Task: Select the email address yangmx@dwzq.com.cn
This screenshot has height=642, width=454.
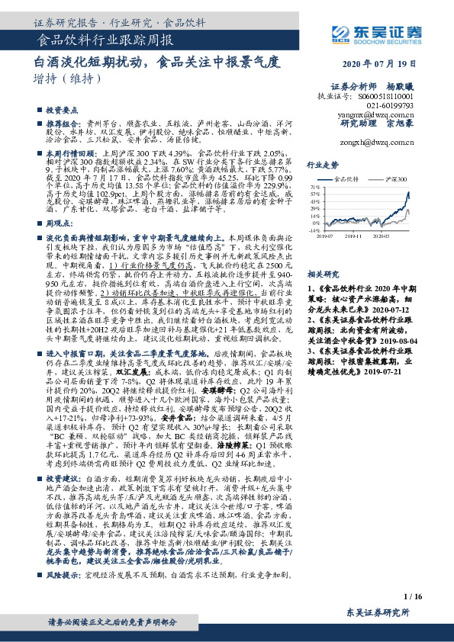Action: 379,111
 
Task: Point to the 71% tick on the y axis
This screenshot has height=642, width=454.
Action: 314,185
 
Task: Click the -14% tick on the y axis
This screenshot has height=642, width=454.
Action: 314,229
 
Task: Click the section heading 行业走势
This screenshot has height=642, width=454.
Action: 321,165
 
